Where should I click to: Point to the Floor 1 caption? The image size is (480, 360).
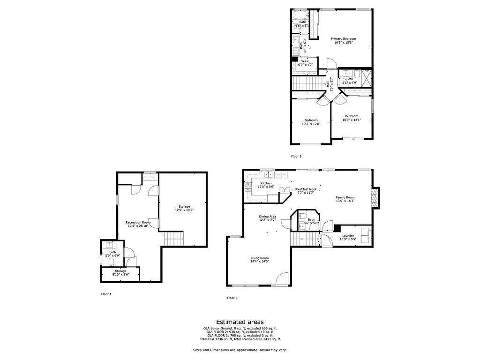[x=106, y=294]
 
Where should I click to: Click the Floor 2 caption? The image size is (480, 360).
[x=232, y=298]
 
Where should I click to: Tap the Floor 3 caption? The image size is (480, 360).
[x=296, y=156]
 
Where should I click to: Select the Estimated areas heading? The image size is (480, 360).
[x=240, y=322]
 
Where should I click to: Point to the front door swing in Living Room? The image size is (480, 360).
[x=282, y=280]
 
